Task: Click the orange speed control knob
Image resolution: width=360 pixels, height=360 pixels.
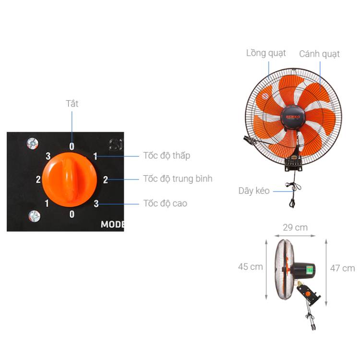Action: (69, 180)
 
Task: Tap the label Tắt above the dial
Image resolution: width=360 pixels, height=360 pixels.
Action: (72, 104)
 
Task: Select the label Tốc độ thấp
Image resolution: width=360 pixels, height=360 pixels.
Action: (167, 156)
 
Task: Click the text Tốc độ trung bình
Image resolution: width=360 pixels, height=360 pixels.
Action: (178, 179)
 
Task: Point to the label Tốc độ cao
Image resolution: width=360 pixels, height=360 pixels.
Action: (165, 203)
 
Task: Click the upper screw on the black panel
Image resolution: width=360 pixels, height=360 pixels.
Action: (33, 144)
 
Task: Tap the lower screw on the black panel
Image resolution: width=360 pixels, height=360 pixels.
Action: (34, 216)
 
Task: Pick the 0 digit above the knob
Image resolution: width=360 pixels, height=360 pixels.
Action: (72, 146)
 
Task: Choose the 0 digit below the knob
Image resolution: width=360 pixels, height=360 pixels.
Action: (72, 214)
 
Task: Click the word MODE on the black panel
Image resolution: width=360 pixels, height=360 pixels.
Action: (112, 224)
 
